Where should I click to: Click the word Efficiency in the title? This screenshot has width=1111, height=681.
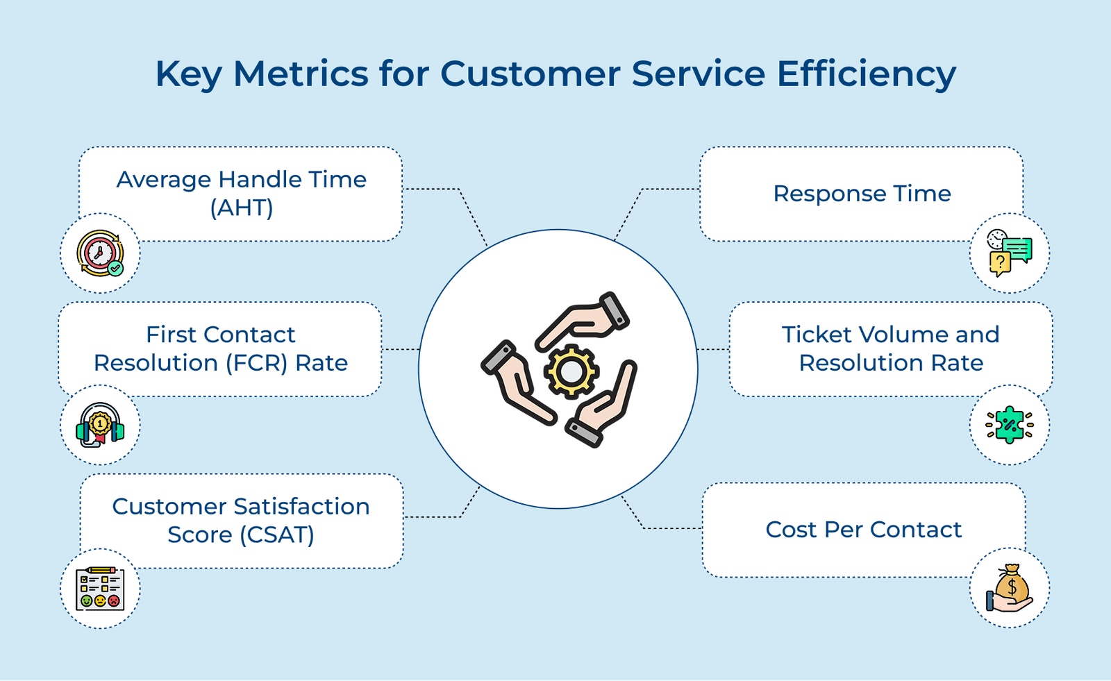tap(866, 74)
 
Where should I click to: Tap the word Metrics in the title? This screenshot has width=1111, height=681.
tap(301, 74)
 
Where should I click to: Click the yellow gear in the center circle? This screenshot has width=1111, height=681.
tap(571, 371)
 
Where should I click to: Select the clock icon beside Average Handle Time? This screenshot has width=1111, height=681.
tap(100, 253)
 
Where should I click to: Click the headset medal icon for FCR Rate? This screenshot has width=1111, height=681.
tap(100, 425)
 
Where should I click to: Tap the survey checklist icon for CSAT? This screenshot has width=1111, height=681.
tap(100, 589)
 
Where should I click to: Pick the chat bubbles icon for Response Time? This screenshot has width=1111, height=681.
tap(1010, 253)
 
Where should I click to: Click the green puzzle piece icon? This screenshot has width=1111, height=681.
tap(1010, 425)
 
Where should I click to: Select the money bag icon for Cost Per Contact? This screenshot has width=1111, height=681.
tap(1010, 589)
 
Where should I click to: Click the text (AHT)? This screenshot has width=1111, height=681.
tap(241, 208)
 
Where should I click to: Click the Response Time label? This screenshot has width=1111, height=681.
tap(862, 194)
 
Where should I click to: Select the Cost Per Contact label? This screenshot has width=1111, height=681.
tap(863, 530)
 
